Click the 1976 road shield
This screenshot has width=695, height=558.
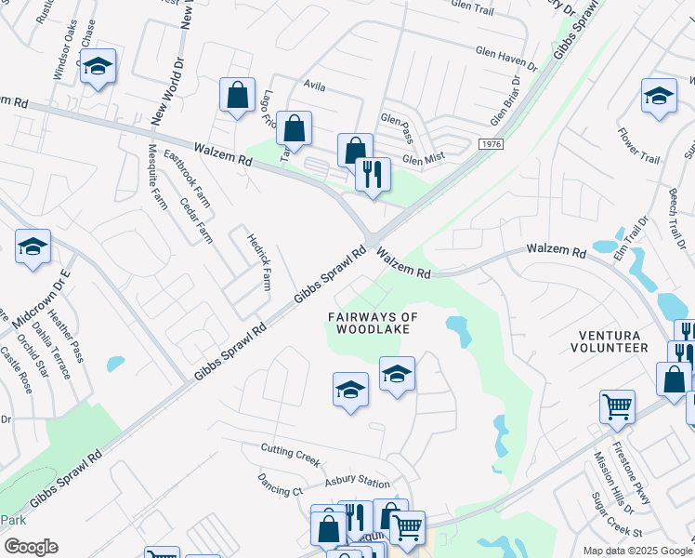click(492, 144)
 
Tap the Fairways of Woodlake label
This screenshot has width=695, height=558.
click(373, 323)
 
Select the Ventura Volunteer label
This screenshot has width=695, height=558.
click(612, 340)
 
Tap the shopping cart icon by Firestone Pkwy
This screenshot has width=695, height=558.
click(617, 406)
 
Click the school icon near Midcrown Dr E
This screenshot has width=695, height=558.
click(33, 246)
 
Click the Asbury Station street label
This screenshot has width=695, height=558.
click(357, 483)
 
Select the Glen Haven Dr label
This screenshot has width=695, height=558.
click(506, 60)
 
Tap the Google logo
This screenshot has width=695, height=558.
click(30, 546)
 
